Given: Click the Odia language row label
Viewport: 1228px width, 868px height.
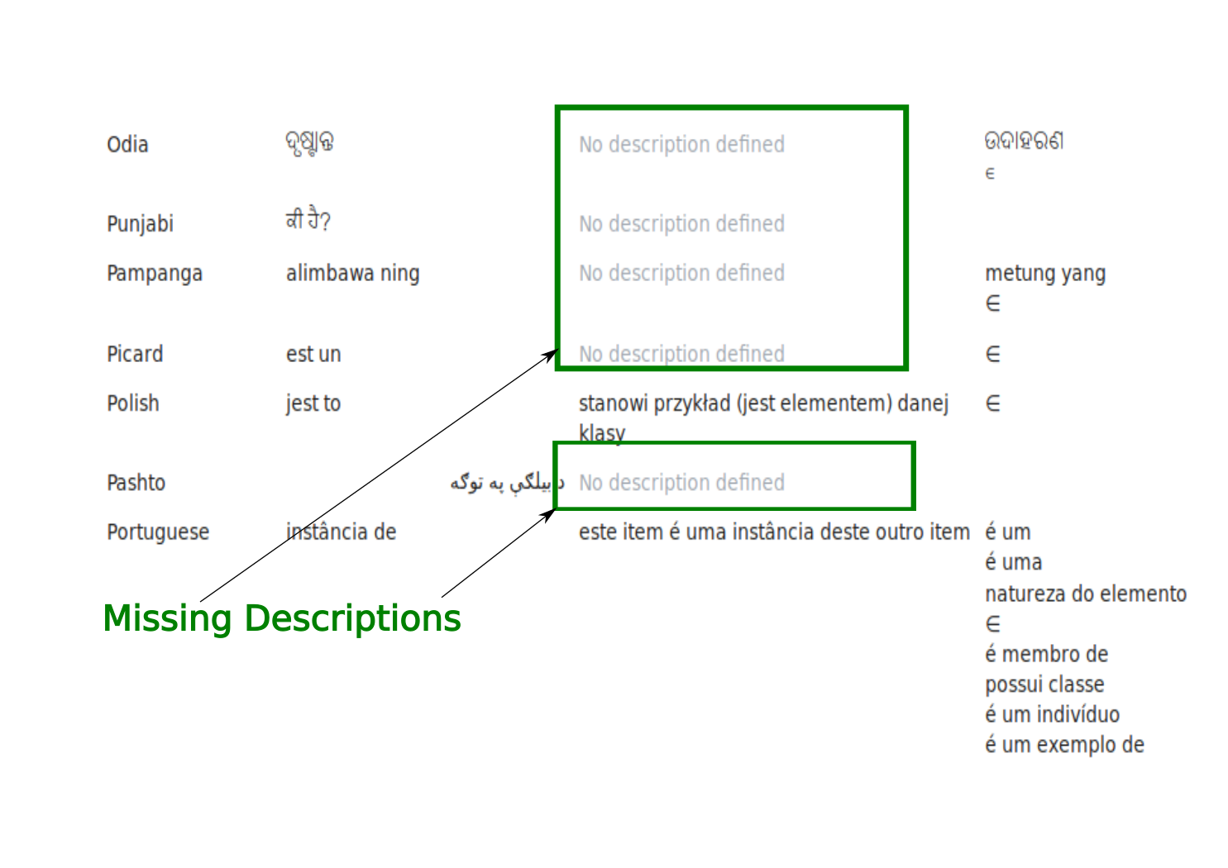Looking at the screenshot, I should point(127,145).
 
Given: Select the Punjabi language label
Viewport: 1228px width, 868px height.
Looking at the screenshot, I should point(140,224).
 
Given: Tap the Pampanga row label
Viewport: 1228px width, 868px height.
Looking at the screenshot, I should point(155,274).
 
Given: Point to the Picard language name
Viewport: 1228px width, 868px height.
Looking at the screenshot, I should point(135,355).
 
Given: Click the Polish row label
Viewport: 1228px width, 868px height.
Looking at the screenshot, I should point(133,403).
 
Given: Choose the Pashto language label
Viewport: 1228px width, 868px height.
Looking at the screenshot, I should point(136,483).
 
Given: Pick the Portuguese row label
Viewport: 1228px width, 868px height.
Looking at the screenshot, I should point(158,532).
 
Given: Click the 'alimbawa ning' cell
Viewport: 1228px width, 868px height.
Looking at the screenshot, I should point(352,274).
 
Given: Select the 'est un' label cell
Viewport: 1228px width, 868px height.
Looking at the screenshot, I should point(313,355).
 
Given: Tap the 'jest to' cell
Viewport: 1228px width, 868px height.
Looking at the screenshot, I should point(313,403).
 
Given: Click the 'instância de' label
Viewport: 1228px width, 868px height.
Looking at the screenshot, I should point(341,532).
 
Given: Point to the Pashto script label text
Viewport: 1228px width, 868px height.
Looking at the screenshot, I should point(506,483).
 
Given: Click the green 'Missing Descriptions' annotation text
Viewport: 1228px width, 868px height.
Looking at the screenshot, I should point(282,618).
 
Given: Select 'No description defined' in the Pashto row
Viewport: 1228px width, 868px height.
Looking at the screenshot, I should point(681,483).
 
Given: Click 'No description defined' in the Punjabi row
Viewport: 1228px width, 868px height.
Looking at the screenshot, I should point(681,224).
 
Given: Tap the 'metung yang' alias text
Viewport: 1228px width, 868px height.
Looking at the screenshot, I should point(1045,274).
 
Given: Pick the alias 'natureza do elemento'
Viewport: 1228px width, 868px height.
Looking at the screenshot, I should point(1085,594).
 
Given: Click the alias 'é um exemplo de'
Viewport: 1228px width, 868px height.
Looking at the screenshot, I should point(1064,745).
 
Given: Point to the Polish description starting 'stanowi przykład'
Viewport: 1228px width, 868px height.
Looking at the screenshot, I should point(762,404).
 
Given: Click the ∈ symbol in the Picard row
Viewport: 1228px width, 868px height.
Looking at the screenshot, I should point(993,355).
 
